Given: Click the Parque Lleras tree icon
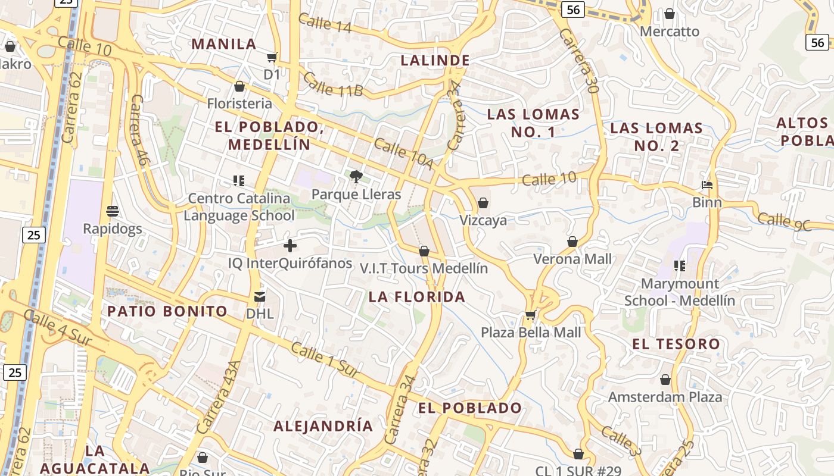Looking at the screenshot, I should pos(356,176).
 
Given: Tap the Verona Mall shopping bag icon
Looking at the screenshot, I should pos(572,242).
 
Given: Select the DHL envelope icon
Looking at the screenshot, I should pos(260,296).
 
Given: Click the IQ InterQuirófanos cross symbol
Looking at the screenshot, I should pos(290,245).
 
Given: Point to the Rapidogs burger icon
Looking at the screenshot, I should pos(113,211).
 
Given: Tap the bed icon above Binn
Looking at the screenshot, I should pos(707,185).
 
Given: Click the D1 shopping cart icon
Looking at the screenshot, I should pos(272,57).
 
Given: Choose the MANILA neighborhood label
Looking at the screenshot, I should pos(224,44).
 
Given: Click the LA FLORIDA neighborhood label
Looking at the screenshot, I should pos(416,297).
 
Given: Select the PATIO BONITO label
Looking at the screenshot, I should pos(167,311).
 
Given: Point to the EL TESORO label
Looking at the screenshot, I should pos(676,344).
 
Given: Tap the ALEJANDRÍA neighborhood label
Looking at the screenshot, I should pos(323,426).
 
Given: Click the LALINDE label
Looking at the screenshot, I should pos(435,60).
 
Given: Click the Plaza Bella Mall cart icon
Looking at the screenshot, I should pos(530,315).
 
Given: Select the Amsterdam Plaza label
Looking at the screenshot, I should pos(665,397).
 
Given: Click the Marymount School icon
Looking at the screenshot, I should pos(680,266).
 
